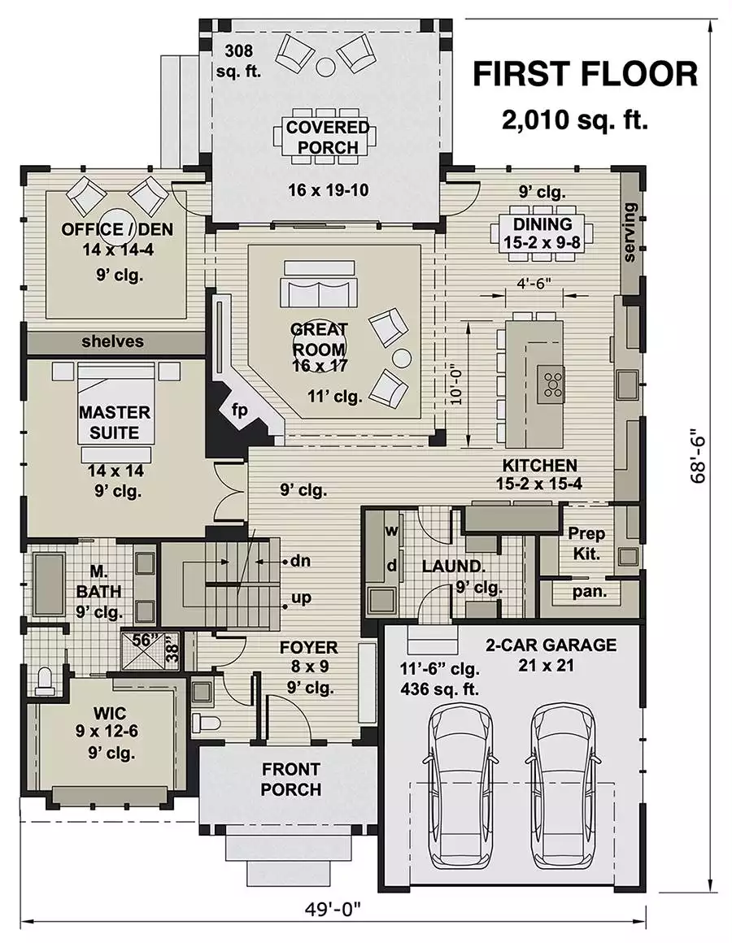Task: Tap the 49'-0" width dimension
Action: [x=332, y=908]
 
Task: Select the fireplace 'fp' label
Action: [x=239, y=411]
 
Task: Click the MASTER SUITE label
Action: [x=115, y=422]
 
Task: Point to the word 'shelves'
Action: [x=112, y=341]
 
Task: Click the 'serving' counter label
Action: [x=630, y=232]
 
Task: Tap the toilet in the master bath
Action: [x=46, y=680]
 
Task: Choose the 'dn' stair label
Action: [x=300, y=561]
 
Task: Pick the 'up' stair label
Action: [x=301, y=598]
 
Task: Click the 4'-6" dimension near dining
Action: [x=534, y=283]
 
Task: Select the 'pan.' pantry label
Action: [x=590, y=592]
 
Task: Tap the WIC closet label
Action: [x=110, y=713]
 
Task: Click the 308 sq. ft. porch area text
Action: [x=239, y=61]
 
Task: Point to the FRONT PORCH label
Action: [x=291, y=780]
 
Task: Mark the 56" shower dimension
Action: [x=144, y=640]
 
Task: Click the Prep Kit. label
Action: [x=586, y=543]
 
